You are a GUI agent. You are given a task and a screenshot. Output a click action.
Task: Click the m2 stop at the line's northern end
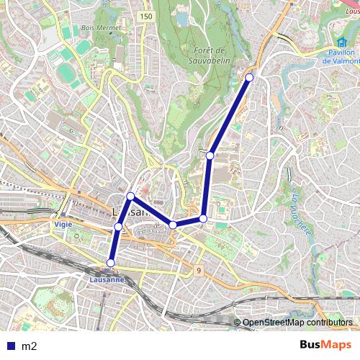tap(249, 77)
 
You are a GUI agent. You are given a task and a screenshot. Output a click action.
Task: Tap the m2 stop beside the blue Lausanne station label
tap(110, 263)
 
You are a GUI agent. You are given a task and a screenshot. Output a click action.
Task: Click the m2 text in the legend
tap(29, 346)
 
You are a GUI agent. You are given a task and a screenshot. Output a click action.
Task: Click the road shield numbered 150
tap(147, 16)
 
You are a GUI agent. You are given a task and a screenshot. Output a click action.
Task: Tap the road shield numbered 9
tap(197, 271)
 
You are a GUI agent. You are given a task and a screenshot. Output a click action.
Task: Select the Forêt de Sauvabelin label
tap(210, 55)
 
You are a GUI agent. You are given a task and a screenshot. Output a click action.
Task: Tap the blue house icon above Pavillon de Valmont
tap(333, 42)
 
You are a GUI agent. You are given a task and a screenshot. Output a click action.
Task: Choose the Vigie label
tap(63, 225)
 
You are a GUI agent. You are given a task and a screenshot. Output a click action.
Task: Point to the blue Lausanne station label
tap(107, 279)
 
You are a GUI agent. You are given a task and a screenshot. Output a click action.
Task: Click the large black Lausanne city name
tap(132, 212)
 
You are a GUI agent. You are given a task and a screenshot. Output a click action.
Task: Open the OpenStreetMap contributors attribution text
tap(297, 323)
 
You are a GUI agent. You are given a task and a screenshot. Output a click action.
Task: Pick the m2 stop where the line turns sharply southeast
tap(130, 196)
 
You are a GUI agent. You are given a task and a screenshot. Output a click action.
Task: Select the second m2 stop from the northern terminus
tap(210, 155)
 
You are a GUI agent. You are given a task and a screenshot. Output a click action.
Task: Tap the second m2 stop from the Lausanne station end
tap(118, 227)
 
